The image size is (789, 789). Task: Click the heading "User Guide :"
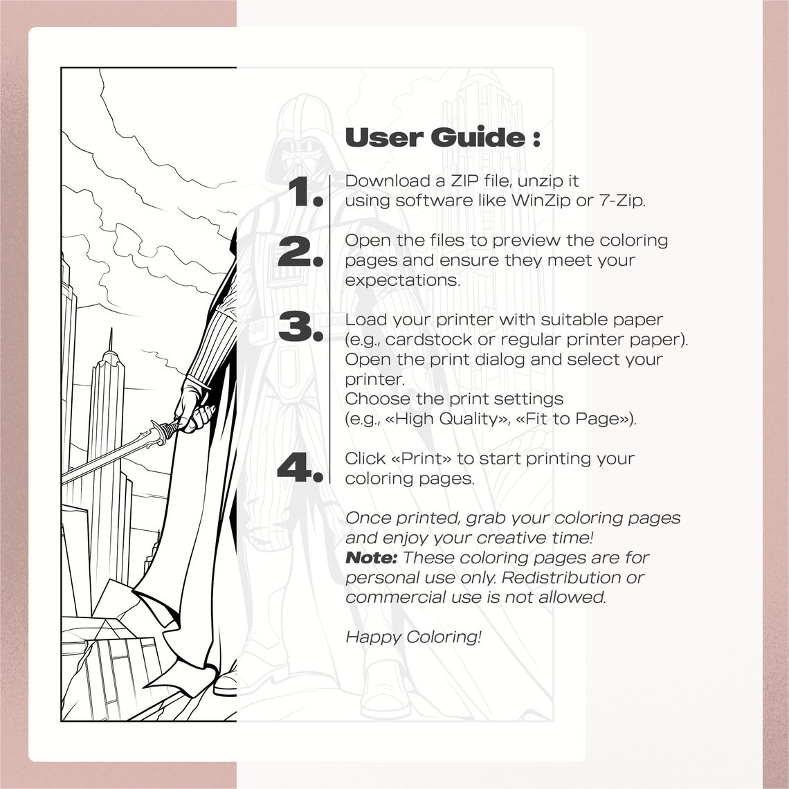(442, 138)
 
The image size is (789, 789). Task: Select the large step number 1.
(305, 192)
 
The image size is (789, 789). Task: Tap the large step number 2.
(300, 252)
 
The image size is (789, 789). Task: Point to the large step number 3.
(300, 327)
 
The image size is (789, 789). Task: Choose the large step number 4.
(300, 468)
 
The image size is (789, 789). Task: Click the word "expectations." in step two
(402, 280)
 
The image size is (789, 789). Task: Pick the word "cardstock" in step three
(430, 340)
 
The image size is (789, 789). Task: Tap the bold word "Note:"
(371, 558)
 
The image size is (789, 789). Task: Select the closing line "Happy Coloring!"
(413, 637)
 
